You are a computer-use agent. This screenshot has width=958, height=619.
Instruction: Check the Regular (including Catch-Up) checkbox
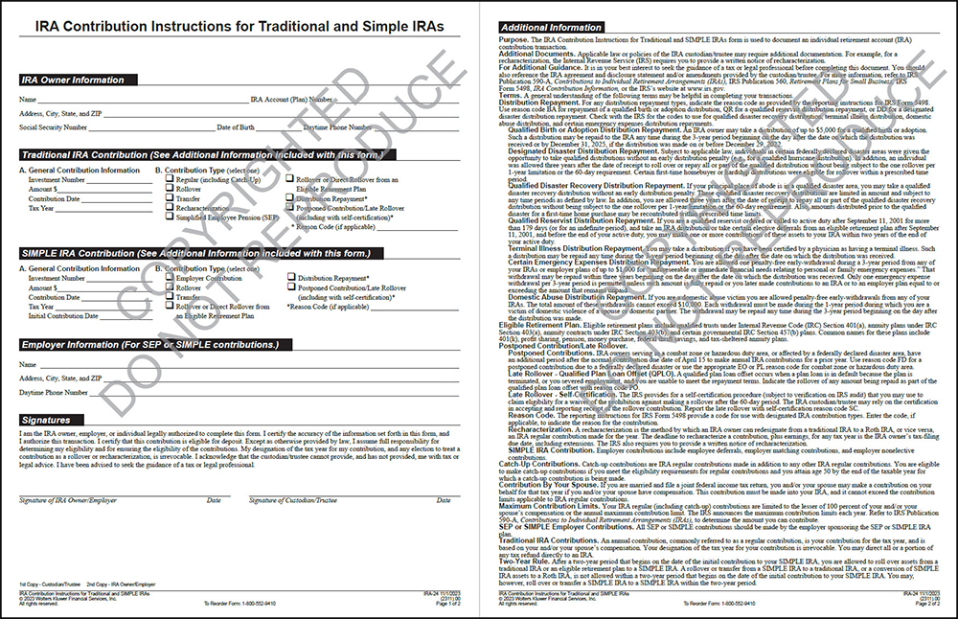pos(168,179)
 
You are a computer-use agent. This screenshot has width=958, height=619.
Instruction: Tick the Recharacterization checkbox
pos(168,208)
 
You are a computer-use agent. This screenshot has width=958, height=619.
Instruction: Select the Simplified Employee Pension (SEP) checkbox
pos(168,218)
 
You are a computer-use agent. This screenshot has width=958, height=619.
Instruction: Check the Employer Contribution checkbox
pos(168,279)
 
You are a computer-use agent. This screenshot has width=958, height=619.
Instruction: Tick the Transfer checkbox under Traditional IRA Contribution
pos(168,198)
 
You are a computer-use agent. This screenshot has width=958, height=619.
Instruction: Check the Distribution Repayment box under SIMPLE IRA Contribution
pos(289,279)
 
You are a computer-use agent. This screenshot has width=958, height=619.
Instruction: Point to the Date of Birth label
pos(236,126)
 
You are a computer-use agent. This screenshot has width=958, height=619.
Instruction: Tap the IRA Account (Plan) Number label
pos(292,100)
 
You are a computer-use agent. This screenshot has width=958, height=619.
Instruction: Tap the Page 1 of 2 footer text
pos(445,605)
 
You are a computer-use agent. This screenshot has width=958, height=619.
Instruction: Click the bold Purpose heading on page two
pos(513,39)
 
